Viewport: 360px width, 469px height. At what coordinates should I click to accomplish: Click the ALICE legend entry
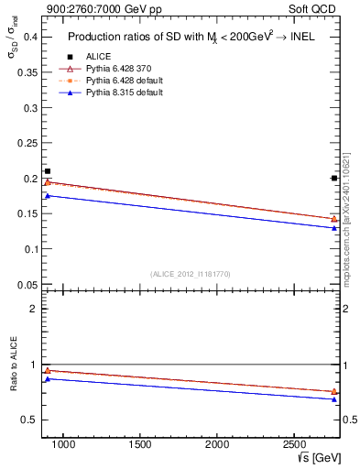pyautogui.click(x=99, y=56)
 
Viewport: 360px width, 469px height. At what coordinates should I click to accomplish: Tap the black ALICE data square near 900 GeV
pyautogui.click(x=48, y=171)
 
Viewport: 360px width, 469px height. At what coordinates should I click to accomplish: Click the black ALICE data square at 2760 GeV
pyautogui.click(x=334, y=178)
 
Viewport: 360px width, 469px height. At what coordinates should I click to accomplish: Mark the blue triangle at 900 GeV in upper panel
pyautogui.click(x=48, y=195)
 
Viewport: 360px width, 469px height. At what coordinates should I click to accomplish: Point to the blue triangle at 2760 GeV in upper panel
pyautogui.click(x=334, y=227)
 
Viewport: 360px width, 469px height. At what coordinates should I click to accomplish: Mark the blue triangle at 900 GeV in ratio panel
pyautogui.click(x=48, y=377)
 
